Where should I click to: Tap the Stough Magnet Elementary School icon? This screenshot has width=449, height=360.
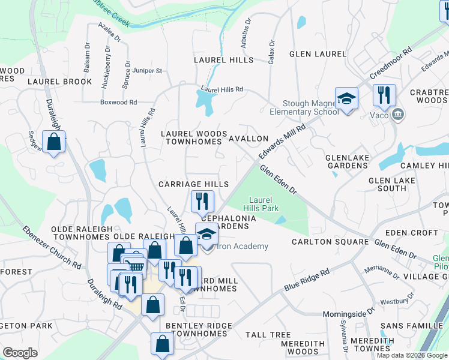coord(346,97)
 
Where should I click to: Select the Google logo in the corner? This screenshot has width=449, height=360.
coord(20,352)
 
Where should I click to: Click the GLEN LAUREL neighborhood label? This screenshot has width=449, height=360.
coord(318,54)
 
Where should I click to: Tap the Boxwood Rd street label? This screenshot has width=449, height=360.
coord(118,102)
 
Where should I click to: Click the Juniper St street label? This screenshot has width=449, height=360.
coord(146,71)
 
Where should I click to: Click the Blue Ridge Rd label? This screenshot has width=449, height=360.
coord(307,280)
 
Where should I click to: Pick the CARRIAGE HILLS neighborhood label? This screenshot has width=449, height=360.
coord(193,184)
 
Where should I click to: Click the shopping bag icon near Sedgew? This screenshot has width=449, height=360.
coord(54,142)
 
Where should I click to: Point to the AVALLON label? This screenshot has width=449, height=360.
coord(249,139)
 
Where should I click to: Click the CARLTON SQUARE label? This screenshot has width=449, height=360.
coord(330,242)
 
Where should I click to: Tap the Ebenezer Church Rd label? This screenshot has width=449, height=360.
coord(52,247)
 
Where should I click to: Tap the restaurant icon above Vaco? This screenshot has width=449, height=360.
coord(384,94)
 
